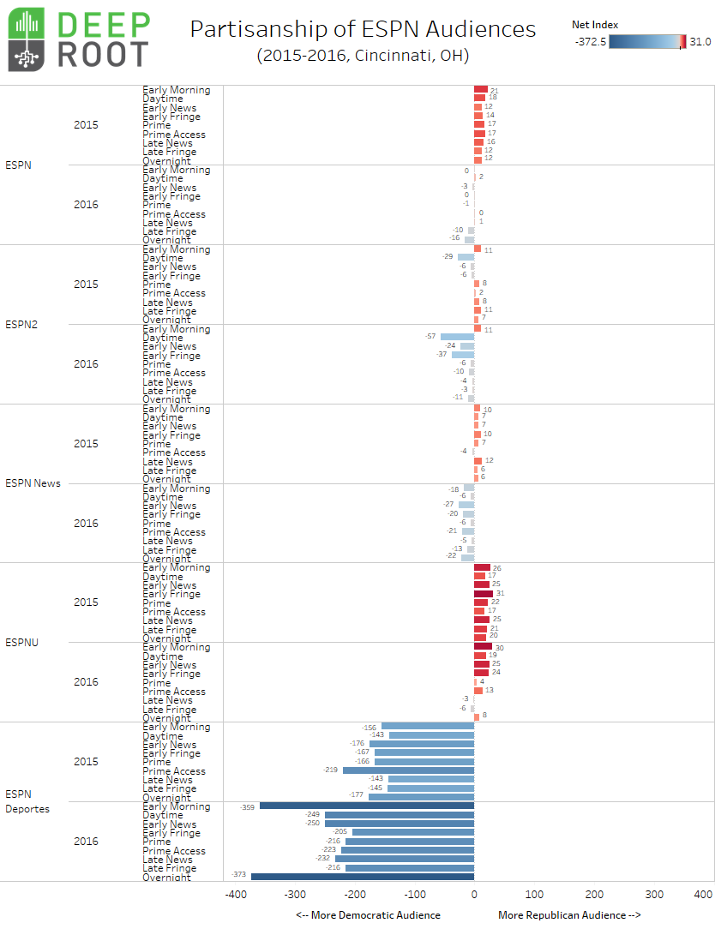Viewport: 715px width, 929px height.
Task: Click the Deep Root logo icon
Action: tap(32, 40)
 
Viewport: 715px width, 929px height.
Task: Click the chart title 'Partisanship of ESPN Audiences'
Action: tap(363, 29)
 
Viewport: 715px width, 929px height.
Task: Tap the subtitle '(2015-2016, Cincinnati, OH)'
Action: tap(363, 56)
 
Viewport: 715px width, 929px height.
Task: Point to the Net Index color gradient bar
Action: tap(647, 41)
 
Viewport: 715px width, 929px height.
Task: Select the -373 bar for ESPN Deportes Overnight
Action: tap(362, 876)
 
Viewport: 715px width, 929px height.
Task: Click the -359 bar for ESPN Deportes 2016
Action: tap(366, 806)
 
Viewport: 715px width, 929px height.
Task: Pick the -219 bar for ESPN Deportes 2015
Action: tap(408, 770)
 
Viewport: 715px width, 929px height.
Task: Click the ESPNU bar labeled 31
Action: tap(484, 593)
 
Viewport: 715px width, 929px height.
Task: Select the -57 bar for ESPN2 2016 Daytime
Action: tap(457, 337)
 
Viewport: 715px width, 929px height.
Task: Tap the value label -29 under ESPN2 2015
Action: tap(448, 256)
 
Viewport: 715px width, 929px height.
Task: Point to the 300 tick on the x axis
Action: tap(654, 895)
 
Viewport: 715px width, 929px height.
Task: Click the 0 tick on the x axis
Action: tap(474, 895)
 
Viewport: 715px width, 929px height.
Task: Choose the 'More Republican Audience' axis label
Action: tap(569, 915)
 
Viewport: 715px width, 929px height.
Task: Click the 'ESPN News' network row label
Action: tap(33, 483)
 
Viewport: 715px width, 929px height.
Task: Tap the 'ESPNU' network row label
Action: tap(22, 642)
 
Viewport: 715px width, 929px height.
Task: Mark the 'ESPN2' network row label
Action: tap(21, 325)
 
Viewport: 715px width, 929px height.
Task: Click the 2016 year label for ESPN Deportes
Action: tap(86, 842)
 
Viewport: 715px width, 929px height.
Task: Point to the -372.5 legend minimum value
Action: tap(589, 41)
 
